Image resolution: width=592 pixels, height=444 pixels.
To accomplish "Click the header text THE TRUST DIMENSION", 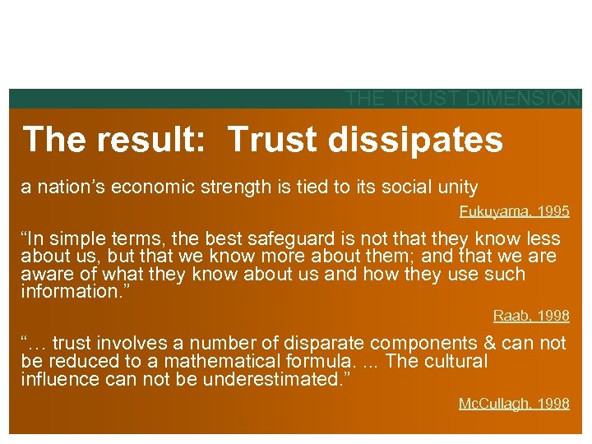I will click(463, 99).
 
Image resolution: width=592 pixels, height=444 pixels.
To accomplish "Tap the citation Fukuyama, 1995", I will click(514, 211).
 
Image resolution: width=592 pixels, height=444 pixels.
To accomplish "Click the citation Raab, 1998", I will click(531, 315).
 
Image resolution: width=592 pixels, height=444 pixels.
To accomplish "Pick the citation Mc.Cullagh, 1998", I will click(514, 403).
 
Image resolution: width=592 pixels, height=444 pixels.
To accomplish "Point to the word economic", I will click(156, 187).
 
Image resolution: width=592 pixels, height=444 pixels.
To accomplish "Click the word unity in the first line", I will click(456, 187).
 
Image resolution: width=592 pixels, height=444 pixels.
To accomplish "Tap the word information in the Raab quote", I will click(65, 292).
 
